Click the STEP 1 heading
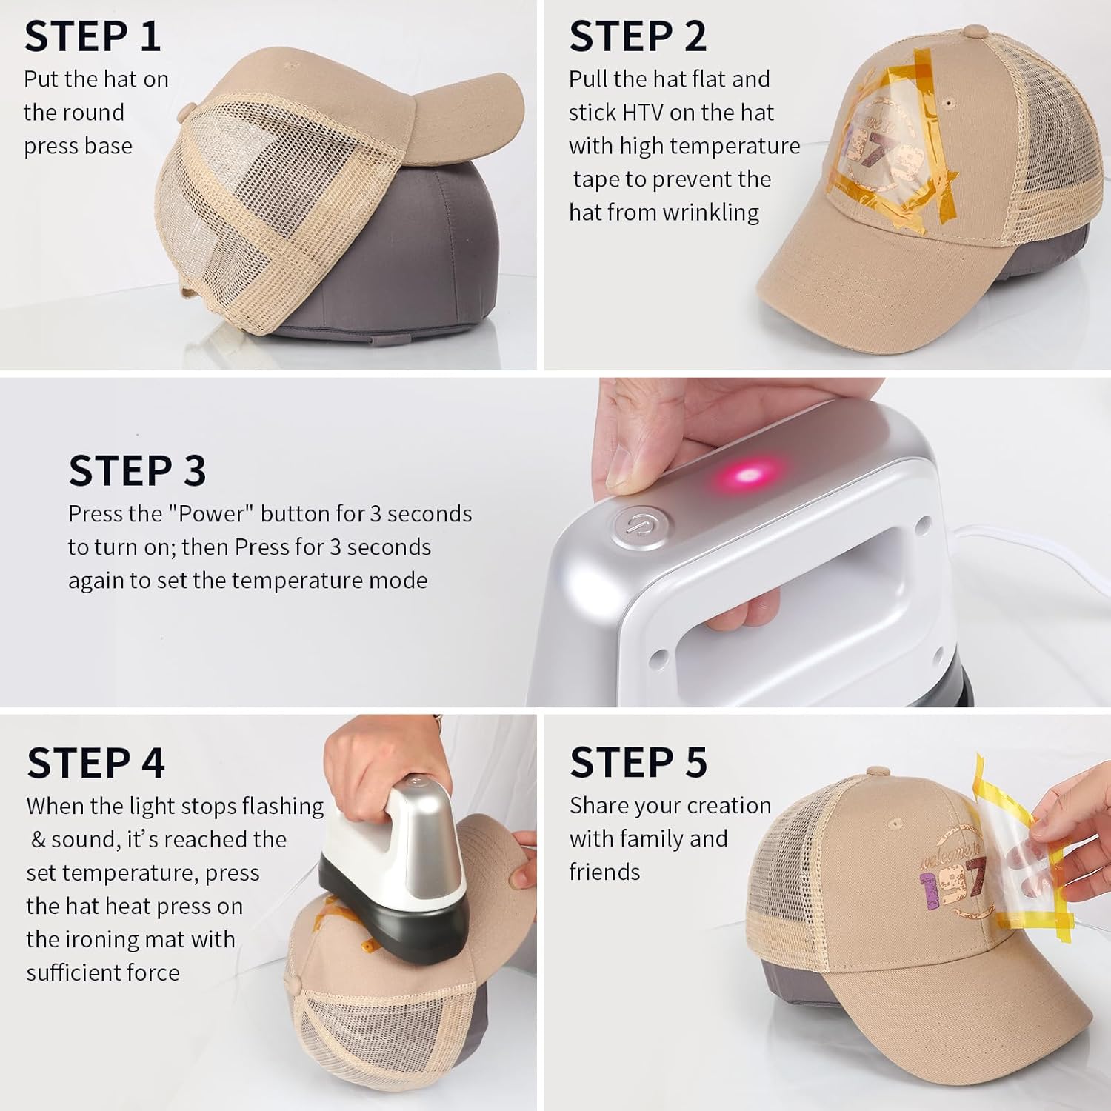coord(93,36)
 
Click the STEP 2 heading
coord(638,36)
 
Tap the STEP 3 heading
coord(137,470)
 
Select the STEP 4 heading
coord(96,763)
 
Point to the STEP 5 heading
coord(638,762)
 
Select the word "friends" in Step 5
coord(604,872)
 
